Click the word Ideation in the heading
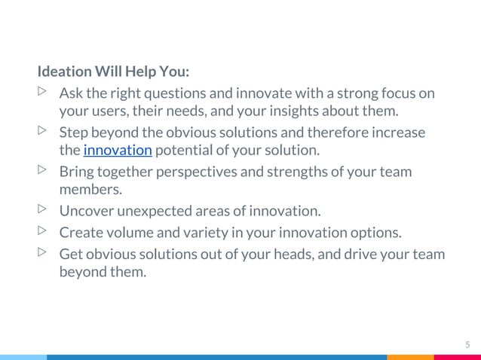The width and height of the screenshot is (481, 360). click(61, 73)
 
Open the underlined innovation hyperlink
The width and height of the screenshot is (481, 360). click(118, 151)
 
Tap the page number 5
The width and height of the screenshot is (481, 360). click(467, 345)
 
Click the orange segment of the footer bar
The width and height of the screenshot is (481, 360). click(410, 357)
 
